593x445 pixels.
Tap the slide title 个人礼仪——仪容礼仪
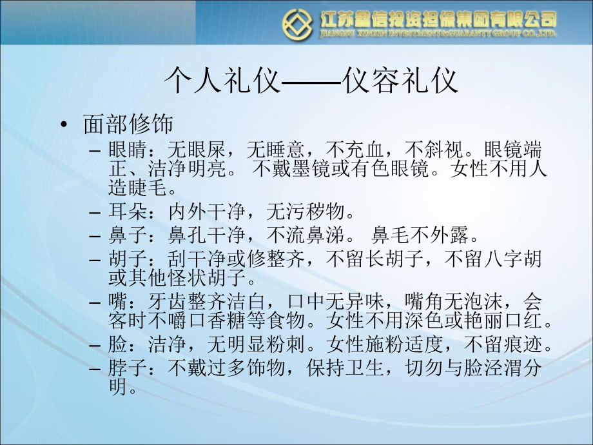(x=311, y=83)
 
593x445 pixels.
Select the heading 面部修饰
(x=126, y=124)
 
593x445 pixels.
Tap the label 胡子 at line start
(x=126, y=259)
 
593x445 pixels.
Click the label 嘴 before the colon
(x=118, y=302)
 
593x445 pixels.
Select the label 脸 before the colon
(x=118, y=345)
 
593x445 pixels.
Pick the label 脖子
(x=126, y=370)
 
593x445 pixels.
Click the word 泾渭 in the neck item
(x=483, y=370)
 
